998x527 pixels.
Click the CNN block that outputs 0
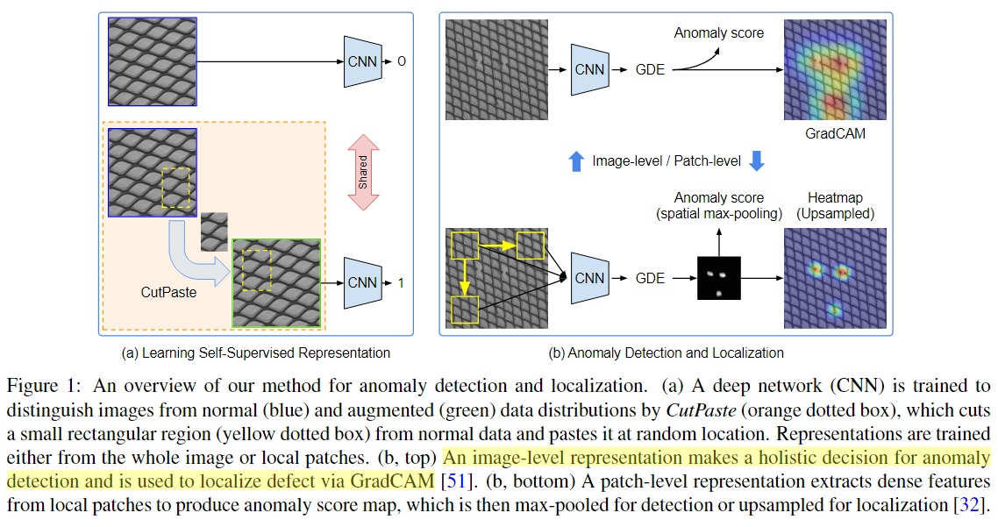(x=362, y=61)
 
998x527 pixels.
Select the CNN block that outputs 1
(x=362, y=282)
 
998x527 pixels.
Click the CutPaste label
(x=168, y=292)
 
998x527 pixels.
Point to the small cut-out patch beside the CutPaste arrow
(x=214, y=231)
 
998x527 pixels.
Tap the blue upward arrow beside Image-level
(x=576, y=161)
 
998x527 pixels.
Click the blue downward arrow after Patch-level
(x=758, y=161)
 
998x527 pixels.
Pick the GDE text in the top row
(x=650, y=68)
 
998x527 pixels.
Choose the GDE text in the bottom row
(x=650, y=278)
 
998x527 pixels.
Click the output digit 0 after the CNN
(x=402, y=61)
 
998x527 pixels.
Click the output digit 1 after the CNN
(x=402, y=282)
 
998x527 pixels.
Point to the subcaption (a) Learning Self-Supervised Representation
(x=256, y=353)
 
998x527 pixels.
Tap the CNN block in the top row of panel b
(x=589, y=68)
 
